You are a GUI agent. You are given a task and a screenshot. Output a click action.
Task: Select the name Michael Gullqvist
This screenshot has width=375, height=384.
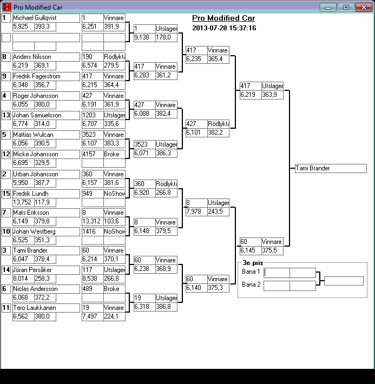(45, 18)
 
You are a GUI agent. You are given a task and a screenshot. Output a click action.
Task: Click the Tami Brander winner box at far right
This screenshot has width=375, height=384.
(331, 168)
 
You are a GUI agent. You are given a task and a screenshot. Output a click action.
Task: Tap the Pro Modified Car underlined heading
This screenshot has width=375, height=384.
(223, 18)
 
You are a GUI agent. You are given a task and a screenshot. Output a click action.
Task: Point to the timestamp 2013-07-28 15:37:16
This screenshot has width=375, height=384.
(224, 28)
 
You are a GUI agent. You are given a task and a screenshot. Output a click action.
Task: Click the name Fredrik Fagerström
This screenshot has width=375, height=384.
(45, 76)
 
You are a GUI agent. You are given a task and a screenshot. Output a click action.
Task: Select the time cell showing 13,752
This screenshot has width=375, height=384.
(23, 202)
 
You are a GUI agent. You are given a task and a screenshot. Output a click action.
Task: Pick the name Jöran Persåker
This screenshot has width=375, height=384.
(45, 269)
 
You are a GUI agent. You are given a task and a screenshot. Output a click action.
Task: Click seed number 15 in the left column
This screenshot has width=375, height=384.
(6, 194)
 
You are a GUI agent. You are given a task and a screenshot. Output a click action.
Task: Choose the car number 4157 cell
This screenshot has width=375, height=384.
(92, 154)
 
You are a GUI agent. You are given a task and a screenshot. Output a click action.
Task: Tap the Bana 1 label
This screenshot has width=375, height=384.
(251, 272)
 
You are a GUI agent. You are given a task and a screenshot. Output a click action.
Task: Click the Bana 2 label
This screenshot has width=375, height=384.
(251, 284)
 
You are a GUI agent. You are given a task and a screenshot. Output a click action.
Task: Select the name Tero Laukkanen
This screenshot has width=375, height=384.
(45, 308)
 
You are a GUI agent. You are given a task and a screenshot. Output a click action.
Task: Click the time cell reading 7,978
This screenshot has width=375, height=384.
(196, 211)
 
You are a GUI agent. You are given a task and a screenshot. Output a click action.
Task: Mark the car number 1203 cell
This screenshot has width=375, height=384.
(92, 115)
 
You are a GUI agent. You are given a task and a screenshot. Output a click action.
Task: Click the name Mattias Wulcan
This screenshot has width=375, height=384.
(45, 135)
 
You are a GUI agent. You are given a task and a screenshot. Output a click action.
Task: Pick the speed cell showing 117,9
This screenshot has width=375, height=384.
(45, 202)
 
